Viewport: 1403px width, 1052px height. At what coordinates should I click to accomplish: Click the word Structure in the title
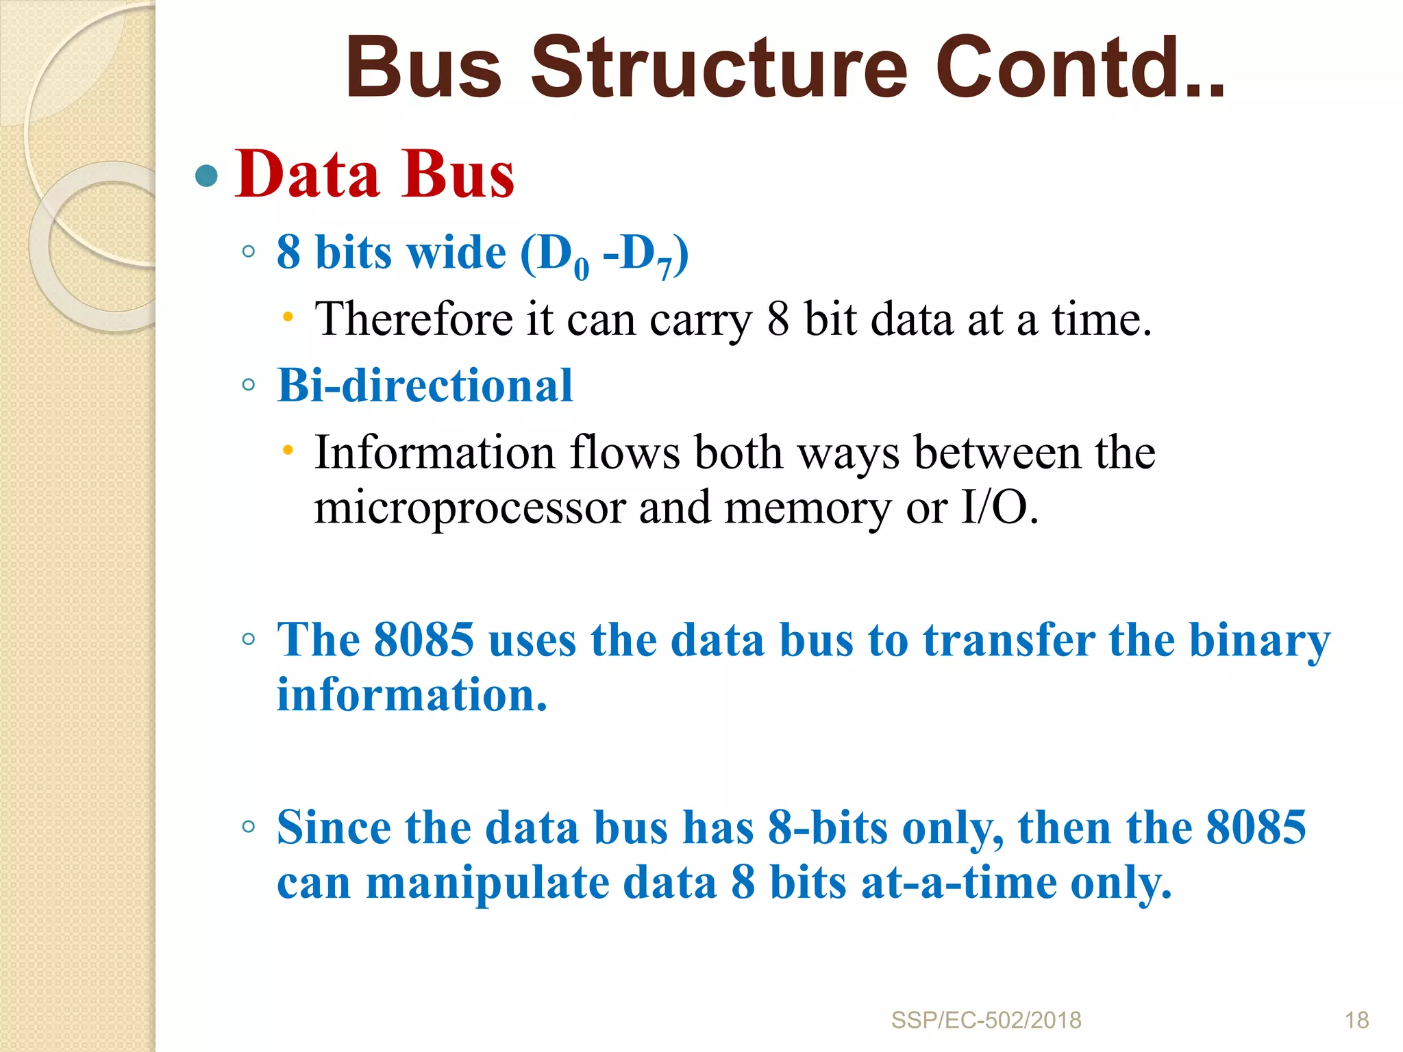719,68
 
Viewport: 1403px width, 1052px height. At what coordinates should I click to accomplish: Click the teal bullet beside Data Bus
206,177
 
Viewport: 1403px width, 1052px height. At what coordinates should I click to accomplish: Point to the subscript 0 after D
581,269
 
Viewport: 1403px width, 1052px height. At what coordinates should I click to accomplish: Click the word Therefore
413,319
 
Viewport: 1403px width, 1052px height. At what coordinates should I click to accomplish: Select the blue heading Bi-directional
425,386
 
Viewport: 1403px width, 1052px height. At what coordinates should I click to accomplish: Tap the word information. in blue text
412,695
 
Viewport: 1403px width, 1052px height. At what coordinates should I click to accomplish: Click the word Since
334,827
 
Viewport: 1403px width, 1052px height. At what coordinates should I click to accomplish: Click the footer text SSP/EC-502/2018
986,1020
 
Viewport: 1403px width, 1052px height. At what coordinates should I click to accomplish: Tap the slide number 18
1356,1020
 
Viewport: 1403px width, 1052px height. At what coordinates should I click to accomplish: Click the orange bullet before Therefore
288,317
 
